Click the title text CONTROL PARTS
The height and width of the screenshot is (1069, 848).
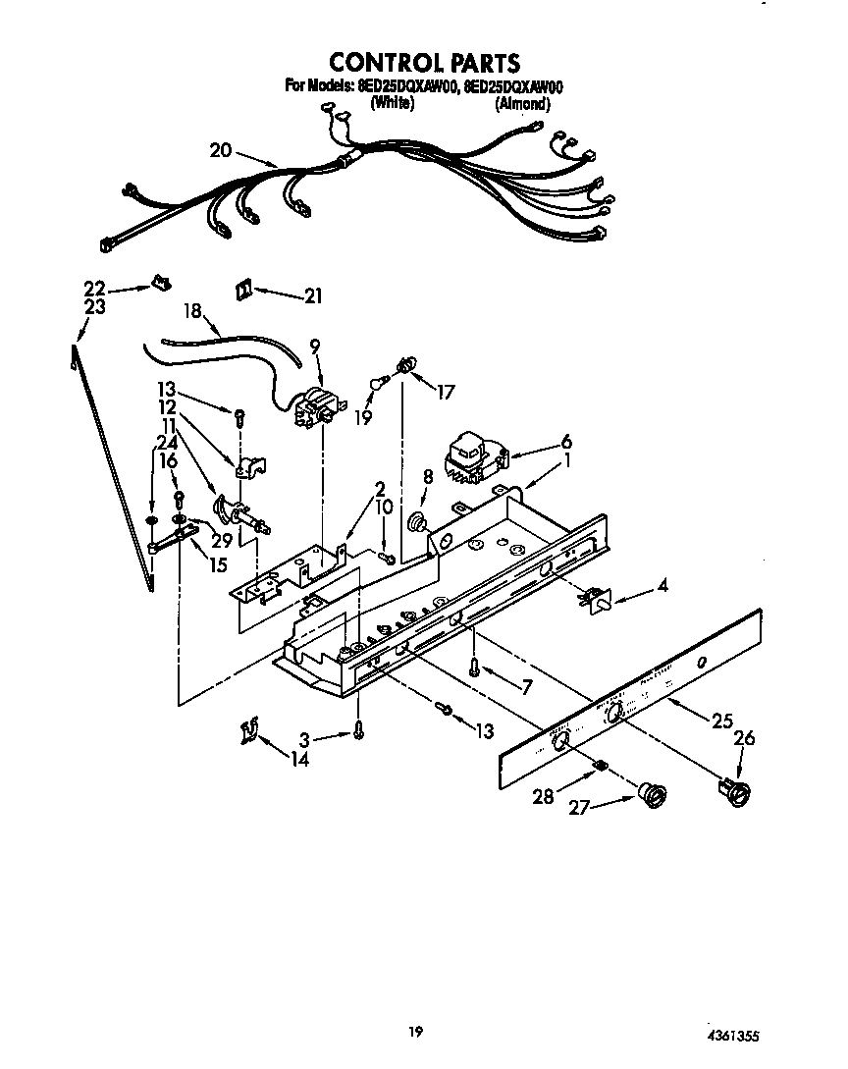pos(423,64)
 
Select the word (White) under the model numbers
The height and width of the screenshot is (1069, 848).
pos(392,103)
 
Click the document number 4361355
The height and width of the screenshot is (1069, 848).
pos(731,1036)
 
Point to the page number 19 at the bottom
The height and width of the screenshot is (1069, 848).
pos(416,1031)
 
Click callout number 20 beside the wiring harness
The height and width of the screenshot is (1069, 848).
pos(221,150)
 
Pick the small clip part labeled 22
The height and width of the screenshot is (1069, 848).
pos(160,284)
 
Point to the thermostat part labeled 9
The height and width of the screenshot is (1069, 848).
pos(315,407)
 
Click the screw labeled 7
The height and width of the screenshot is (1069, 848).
pos(475,668)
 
